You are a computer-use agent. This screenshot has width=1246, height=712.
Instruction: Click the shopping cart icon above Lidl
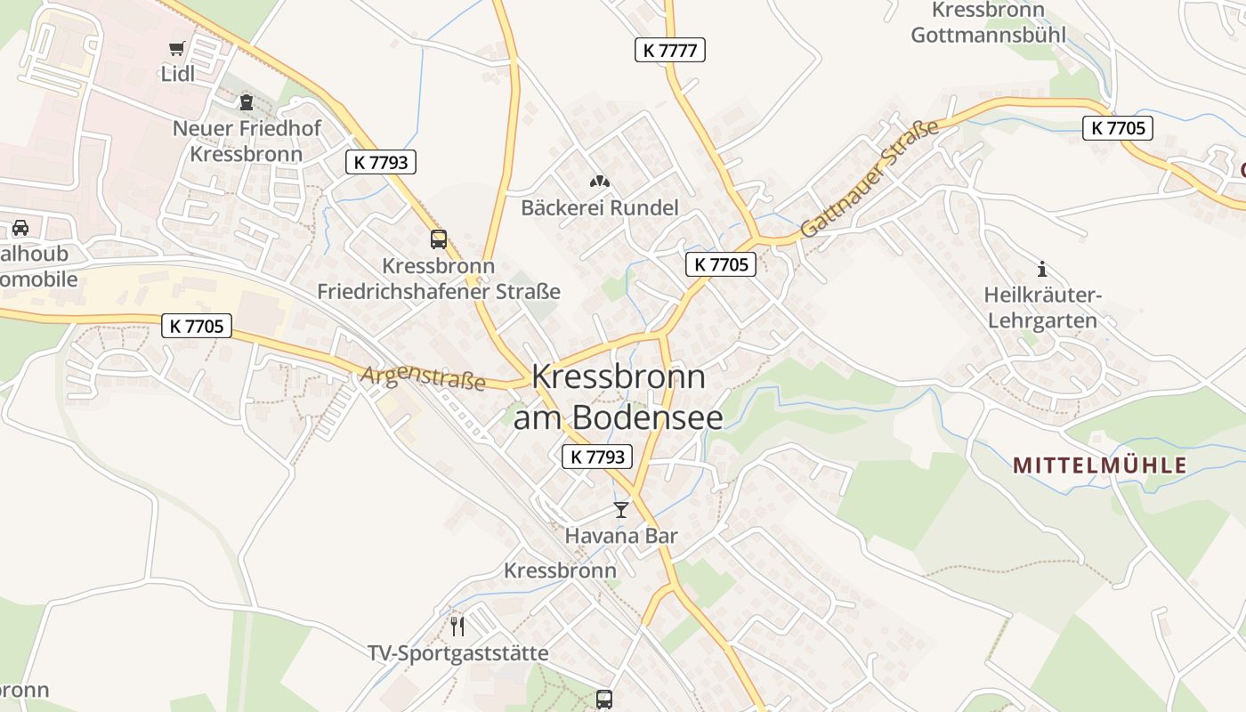click(x=177, y=48)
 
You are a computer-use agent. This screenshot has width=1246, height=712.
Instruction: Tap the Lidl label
click(x=177, y=74)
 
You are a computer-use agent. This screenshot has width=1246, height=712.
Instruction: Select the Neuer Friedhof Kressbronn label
click(x=247, y=141)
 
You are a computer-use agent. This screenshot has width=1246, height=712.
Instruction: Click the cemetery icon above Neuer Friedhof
click(x=247, y=102)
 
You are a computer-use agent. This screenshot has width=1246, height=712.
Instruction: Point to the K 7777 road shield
click(x=669, y=50)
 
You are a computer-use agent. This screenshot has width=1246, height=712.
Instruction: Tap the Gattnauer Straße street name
click(x=870, y=178)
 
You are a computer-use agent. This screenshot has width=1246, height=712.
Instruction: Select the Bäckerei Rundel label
click(x=599, y=208)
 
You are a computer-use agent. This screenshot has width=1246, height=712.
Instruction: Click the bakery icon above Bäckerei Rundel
click(x=600, y=182)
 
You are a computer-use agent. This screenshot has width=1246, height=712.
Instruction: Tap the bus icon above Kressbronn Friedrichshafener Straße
click(x=439, y=239)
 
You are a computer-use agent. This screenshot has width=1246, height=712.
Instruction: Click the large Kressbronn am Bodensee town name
click(x=619, y=397)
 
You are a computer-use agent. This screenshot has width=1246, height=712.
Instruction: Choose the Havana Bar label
click(x=621, y=536)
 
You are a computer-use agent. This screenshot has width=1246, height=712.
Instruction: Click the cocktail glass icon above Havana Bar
click(x=621, y=510)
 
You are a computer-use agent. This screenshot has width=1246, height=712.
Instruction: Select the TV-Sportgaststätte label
click(x=458, y=653)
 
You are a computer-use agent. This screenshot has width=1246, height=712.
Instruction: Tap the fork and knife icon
click(x=457, y=627)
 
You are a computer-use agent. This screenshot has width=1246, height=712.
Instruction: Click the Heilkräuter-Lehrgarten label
click(x=1042, y=307)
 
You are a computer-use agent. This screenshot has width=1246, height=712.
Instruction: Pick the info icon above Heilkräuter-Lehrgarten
click(x=1042, y=269)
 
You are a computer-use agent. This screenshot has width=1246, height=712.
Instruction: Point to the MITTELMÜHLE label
click(x=1100, y=465)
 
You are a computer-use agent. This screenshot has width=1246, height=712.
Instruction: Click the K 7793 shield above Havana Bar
click(x=597, y=457)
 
